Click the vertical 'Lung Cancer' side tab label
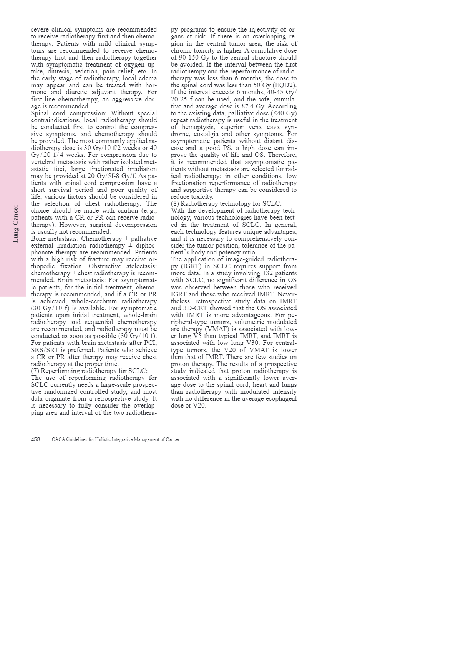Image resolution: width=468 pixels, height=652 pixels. click(16, 223)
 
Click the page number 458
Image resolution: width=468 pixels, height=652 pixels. click(35, 439)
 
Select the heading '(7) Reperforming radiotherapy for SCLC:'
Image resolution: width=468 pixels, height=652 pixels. click(89, 371)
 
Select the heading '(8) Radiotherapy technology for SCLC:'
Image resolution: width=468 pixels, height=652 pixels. click(226, 204)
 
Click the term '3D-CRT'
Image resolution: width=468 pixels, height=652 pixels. click(194, 308)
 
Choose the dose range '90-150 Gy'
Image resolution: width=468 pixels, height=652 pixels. click(188, 58)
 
